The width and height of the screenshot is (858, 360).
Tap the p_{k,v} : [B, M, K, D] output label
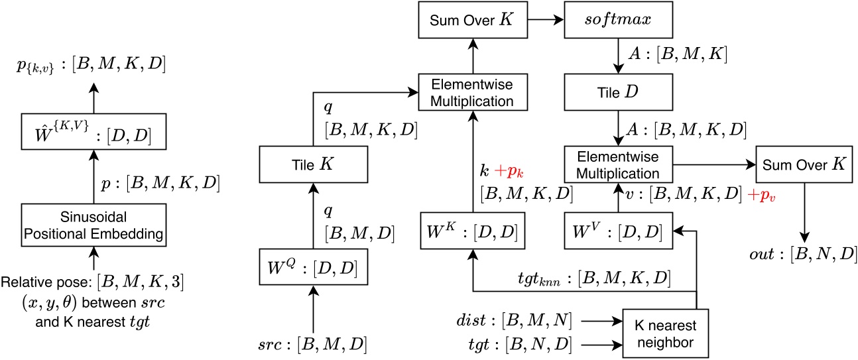point(93,66)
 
